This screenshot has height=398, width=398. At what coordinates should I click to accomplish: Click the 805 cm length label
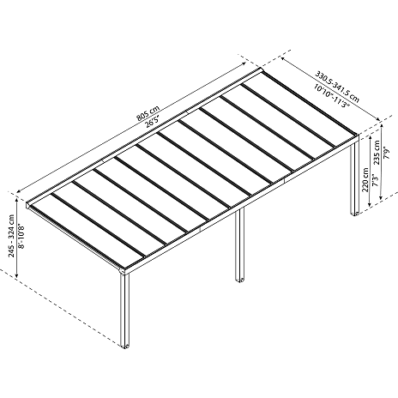tap(148, 112)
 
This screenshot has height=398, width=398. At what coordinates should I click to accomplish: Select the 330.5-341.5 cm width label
tap(337, 87)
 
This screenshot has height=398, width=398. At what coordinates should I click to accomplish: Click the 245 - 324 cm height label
tap(11, 236)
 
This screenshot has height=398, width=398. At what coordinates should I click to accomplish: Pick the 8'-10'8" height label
tap(21, 237)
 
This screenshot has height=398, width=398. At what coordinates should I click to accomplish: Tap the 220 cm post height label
tap(365, 180)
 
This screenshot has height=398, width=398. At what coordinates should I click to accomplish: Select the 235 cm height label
tap(377, 153)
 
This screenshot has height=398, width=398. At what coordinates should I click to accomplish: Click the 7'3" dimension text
tap(376, 180)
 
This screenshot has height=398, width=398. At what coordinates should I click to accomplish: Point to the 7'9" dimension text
tap(387, 153)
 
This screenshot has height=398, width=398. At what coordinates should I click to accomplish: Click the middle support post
tap(239, 244)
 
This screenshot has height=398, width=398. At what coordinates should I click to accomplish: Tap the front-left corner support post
tap(125, 311)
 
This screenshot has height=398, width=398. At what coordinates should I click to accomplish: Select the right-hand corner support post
tap(355, 178)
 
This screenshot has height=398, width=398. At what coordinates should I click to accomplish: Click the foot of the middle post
tap(239, 280)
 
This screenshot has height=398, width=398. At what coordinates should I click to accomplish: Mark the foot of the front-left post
tap(125, 346)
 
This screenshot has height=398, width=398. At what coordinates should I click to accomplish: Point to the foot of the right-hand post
tap(355, 214)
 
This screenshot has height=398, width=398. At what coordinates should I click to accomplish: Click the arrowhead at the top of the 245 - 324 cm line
tap(17, 201)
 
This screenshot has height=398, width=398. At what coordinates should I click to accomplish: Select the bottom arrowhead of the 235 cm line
tap(381, 197)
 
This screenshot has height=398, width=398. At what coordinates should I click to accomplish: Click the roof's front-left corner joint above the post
tap(124, 270)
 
